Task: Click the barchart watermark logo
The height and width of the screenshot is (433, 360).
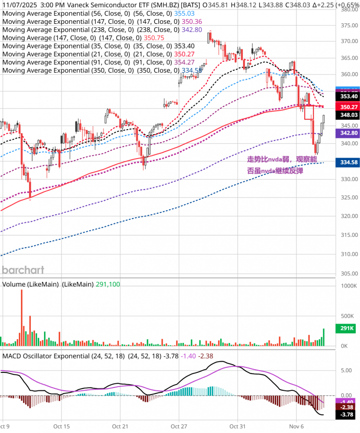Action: click(23, 270)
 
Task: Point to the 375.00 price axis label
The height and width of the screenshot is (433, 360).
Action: click(347, 26)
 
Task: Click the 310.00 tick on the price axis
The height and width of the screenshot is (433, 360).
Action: click(347, 254)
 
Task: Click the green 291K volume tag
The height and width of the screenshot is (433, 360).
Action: click(347, 329)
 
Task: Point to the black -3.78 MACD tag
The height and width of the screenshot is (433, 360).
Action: click(347, 415)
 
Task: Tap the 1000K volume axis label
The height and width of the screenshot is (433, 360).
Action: click(347, 286)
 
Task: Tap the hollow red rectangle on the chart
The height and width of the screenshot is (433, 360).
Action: click(309, 112)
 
